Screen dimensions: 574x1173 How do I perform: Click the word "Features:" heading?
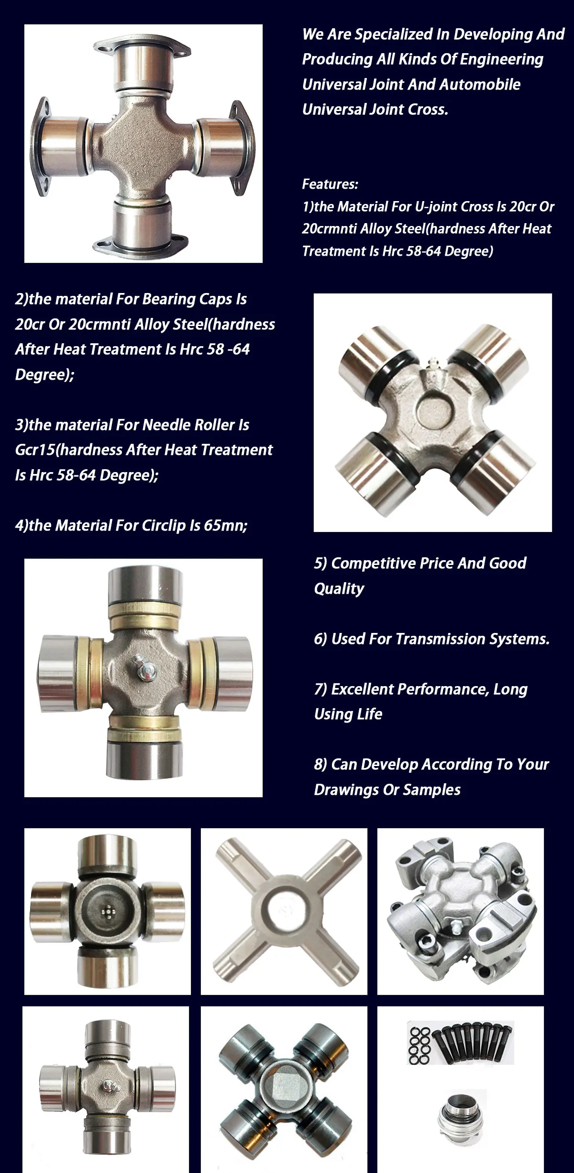330,184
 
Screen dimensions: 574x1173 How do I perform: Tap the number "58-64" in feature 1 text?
423,251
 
